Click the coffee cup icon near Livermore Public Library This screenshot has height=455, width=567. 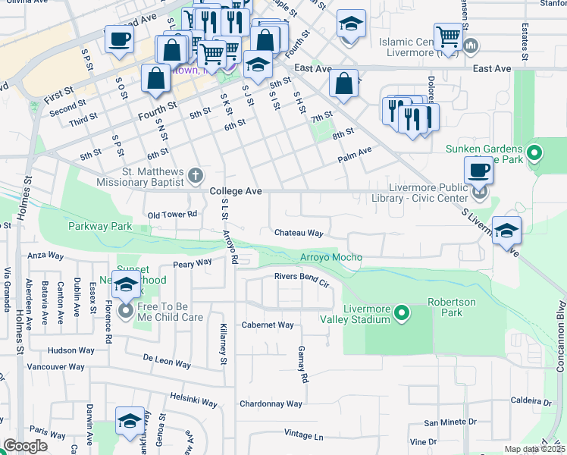478,170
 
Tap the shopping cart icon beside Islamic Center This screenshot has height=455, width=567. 448,36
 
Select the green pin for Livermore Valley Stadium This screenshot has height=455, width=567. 403,312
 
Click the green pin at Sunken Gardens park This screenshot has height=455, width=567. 534,155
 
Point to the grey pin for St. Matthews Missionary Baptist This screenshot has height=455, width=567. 196,175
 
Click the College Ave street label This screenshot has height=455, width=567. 236,192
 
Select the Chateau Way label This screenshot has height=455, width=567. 299,233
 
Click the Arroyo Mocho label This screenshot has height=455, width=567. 331,258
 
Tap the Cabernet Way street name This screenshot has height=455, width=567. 268,325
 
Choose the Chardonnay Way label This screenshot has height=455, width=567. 271,404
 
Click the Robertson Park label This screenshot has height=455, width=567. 452,306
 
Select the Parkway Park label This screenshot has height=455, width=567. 100,226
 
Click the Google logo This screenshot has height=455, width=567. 26,446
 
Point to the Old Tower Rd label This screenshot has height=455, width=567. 173,215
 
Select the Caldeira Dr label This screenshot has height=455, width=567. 534,400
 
